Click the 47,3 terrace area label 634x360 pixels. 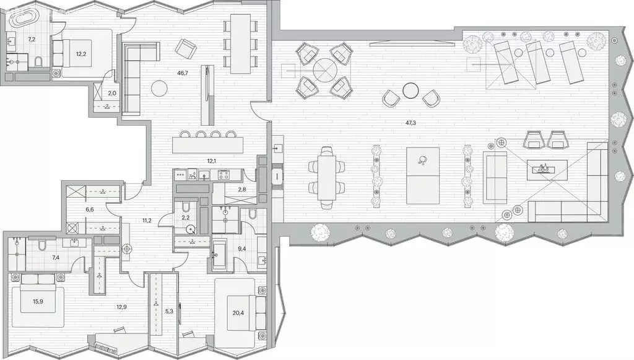coord(410,123)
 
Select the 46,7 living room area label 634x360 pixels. coord(183,73)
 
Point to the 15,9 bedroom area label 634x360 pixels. coord(38,301)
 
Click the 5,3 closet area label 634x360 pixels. coord(169,312)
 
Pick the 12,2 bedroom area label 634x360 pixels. coord(81,53)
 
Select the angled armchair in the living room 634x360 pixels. coord(186,49)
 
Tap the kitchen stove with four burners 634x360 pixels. coord(224,175)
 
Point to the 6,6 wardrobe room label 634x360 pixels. coord(90,209)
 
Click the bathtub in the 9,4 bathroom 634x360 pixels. coord(220,255)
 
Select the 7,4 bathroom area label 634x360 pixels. coord(55,257)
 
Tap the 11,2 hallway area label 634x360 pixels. coord(147,221)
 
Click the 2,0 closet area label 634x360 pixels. coord(112,93)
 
